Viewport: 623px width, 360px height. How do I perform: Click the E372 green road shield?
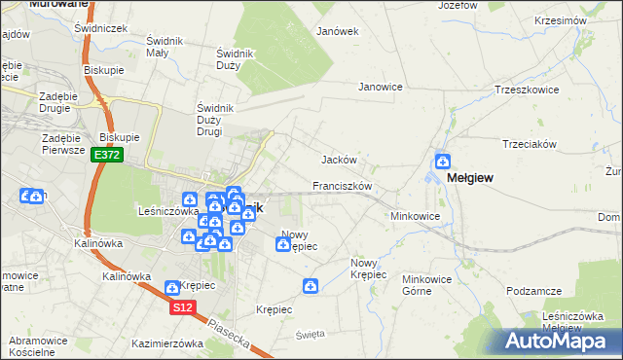(x=107, y=156)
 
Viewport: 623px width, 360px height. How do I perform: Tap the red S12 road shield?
(x=182, y=307)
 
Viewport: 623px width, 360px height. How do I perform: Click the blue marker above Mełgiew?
(x=443, y=162)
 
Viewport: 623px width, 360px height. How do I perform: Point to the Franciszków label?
(x=343, y=185)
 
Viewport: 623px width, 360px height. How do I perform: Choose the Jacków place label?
(x=340, y=160)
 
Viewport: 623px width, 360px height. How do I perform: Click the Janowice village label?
(x=381, y=87)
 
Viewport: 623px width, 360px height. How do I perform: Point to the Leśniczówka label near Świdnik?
(x=168, y=209)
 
